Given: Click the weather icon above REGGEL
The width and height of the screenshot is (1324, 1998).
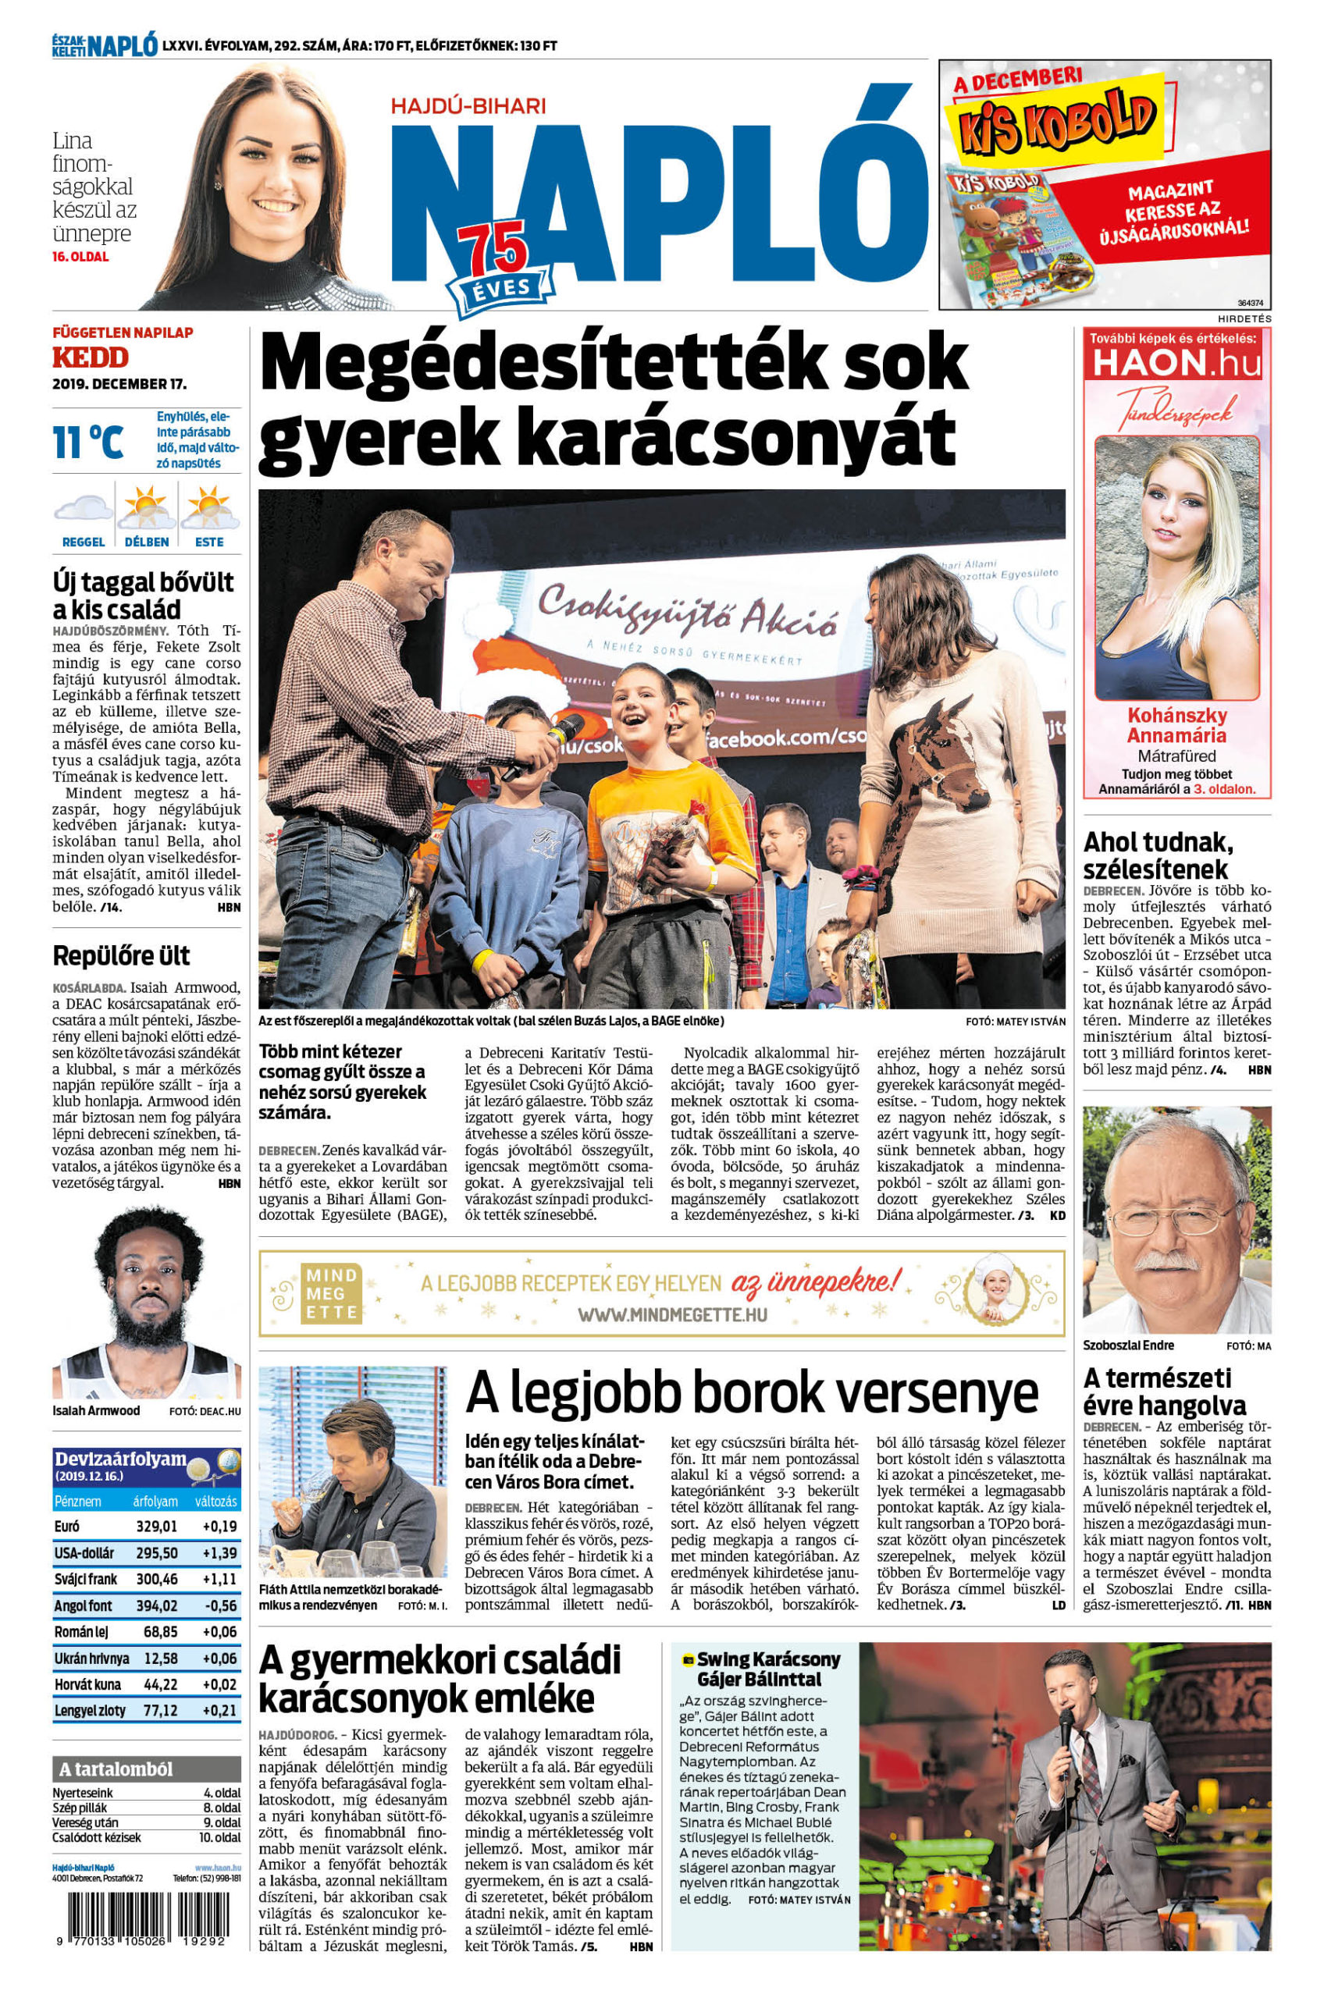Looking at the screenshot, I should tap(83, 509).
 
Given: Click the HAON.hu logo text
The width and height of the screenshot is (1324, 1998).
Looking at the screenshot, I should tap(1177, 363).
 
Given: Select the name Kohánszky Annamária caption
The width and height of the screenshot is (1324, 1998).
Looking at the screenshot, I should tap(1176, 725).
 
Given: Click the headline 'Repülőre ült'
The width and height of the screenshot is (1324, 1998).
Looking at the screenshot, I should tap(121, 956).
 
